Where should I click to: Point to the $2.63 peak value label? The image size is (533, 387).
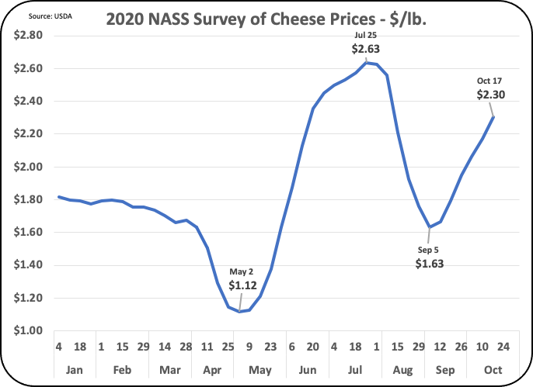365,49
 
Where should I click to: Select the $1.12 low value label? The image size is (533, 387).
241,285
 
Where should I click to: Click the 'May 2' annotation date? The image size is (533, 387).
241,271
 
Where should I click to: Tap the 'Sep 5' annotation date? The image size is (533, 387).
427,249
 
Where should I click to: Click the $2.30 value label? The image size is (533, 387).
491,95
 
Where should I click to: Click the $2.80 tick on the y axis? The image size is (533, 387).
29,36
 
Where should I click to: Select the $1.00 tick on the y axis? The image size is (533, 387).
29,330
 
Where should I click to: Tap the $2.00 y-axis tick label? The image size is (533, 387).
29,167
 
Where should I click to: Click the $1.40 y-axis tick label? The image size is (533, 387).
29,265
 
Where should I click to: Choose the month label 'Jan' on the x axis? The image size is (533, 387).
75,368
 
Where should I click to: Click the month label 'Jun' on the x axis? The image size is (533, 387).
304,368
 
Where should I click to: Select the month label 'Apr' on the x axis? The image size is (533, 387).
212,368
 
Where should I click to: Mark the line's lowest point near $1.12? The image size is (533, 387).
240,311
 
